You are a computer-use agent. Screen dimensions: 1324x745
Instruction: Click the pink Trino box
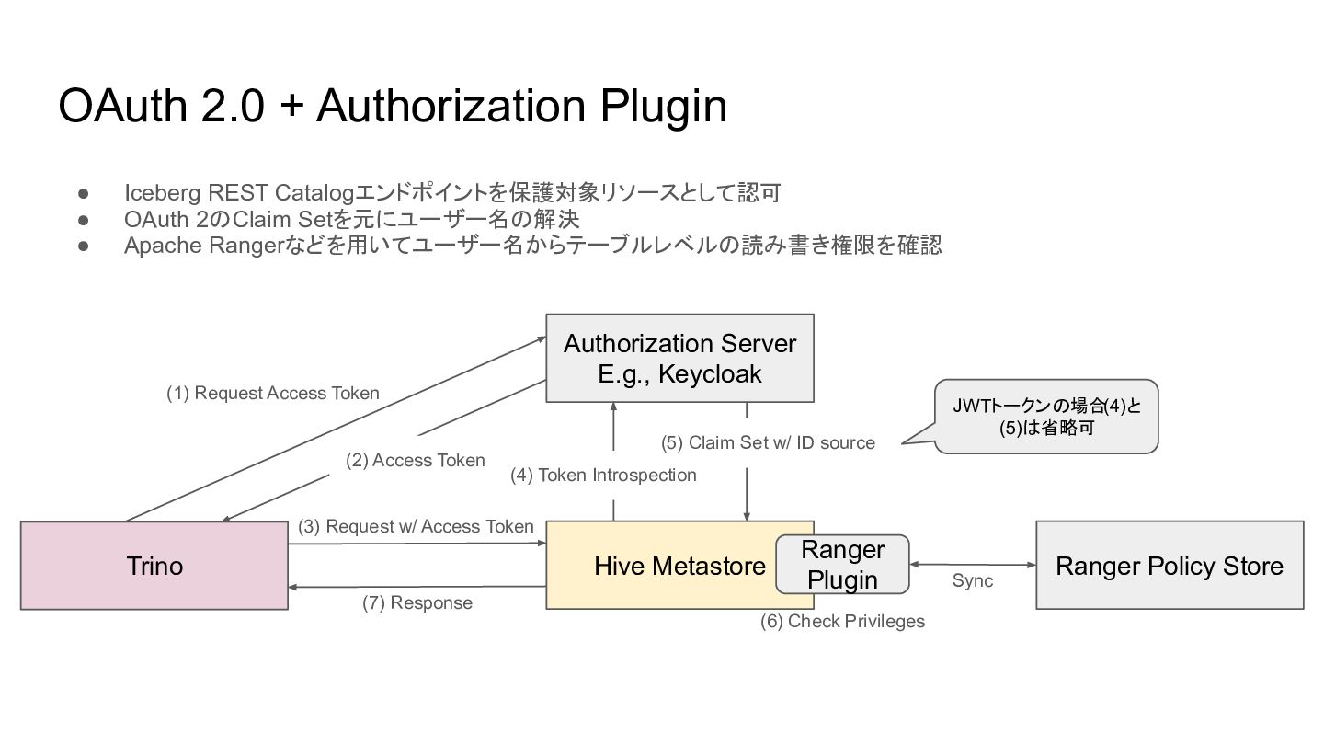154,566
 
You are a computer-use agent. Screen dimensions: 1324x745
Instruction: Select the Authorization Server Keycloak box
679,359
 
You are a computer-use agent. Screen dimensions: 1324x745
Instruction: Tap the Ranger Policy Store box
1170,566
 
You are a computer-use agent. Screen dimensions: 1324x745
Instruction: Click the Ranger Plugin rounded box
842,565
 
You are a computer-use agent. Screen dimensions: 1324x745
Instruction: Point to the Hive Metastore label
679,566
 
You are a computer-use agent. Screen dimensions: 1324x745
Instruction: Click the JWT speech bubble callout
1046,417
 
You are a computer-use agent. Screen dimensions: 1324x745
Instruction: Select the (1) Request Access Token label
272,394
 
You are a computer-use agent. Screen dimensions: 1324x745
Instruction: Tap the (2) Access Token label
415,460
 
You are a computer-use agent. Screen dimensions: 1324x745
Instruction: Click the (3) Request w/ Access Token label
416,526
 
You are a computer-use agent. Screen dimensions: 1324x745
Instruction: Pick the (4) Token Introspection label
603,475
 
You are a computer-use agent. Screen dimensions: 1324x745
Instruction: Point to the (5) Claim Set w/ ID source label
768,442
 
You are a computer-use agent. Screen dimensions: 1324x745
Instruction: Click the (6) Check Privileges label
842,621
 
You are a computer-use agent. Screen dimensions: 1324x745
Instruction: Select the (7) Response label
417,602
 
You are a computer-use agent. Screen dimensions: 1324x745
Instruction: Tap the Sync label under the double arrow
973,580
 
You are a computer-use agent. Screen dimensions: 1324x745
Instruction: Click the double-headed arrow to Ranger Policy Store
973,565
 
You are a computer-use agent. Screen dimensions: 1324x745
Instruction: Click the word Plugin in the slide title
663,107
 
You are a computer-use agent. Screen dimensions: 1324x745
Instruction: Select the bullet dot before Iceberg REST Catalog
84,193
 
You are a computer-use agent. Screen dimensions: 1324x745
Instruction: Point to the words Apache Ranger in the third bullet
204,246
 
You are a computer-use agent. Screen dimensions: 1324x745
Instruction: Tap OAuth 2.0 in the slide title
161,106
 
